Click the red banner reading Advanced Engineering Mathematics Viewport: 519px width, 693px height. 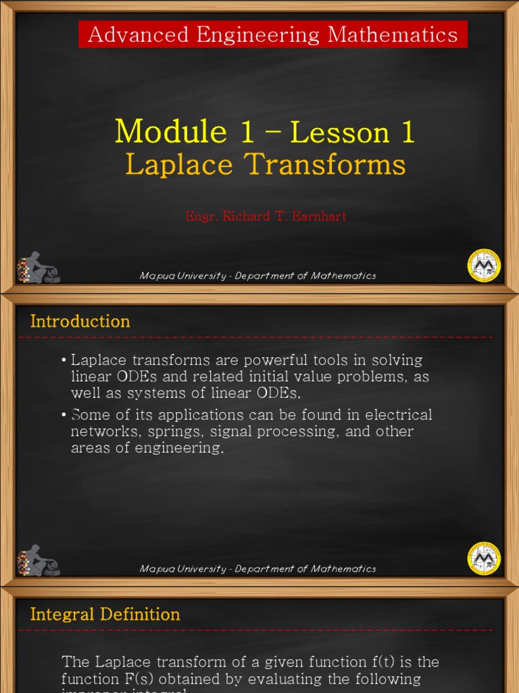[272, 35]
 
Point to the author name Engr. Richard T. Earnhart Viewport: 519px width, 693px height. [266, 217]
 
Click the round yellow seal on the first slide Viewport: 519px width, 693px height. [484, 265]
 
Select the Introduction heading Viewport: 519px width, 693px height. [80, 321]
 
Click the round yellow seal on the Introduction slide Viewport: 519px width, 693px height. [484, 558]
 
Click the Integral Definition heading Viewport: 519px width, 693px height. [105, 614]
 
